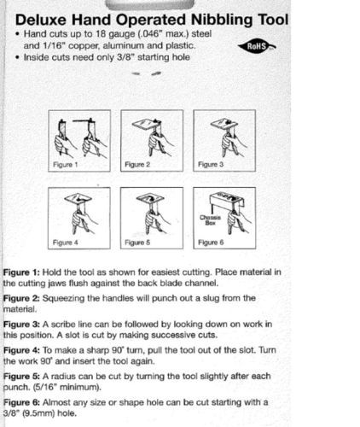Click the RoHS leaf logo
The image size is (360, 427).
[x=257, y=46]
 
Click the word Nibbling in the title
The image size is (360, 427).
[x=222, y=20]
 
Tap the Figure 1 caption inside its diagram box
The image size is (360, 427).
[x=66, y=165]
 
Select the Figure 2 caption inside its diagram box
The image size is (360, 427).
[x=137, y=165]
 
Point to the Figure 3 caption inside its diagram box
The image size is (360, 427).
[x=211, y=164]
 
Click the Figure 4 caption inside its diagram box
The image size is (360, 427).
[x=66, y=243]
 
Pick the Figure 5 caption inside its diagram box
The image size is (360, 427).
[x=137, y=243]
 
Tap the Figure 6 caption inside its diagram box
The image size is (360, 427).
[x=211, y=243]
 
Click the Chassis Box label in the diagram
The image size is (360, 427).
[x=210, y=220]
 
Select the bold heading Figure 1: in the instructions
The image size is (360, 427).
[x=21, y=272]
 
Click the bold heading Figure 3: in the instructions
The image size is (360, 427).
[x=21, y=325]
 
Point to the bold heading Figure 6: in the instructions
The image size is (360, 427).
[x=21, y=402]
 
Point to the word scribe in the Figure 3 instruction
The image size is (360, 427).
[x=63, y=325]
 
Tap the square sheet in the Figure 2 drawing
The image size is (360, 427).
[x=146, y=124]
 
